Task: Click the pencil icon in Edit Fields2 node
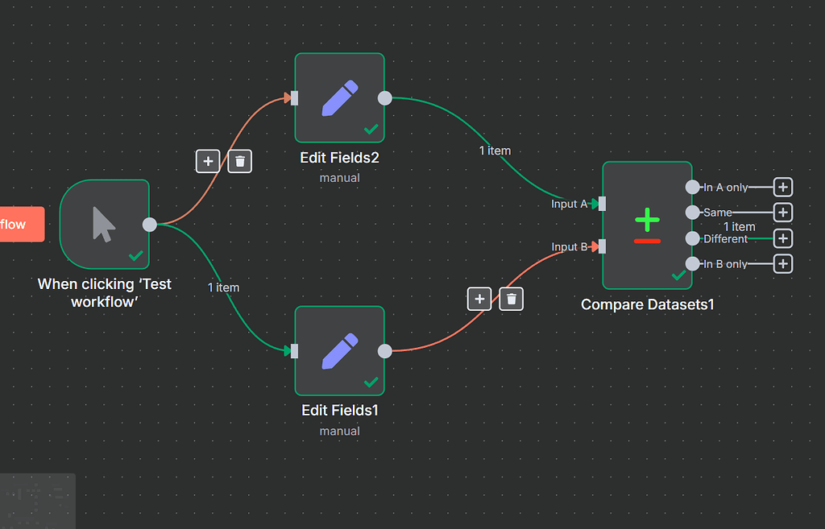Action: point(339,97)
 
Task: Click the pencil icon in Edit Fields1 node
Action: point(339,350)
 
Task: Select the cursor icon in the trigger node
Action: point(104,224)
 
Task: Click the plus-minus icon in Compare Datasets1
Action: point(647,225)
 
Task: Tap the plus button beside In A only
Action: point(782,187)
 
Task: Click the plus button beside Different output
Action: point(782,238)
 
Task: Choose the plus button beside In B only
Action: point(782,264)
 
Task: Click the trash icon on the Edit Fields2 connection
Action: point(240,161)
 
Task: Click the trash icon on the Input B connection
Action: point(512,300)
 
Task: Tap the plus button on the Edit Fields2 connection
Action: point(208,161)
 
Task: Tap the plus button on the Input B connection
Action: point(479,300)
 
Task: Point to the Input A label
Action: point(569,204)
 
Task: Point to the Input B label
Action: point(569,246)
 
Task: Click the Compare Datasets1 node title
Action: point(647,304)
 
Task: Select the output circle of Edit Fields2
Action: point(385,98)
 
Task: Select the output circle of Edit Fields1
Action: point(385,351)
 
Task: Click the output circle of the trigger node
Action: point(149,225)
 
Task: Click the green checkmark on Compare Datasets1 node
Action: point(679,275)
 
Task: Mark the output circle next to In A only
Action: point(692,187)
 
